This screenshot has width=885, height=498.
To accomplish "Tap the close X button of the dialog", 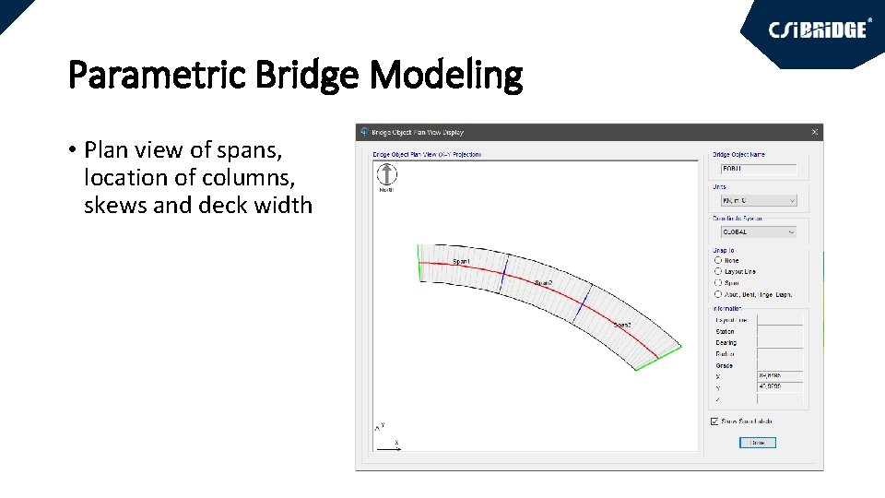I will (x=814, y=133).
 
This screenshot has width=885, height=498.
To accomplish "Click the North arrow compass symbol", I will (x=387, y=173).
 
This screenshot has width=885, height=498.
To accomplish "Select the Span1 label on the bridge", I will (x=461, y=262).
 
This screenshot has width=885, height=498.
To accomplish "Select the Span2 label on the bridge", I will (x=543, y=283).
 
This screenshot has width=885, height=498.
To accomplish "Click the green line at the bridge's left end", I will (x=419, y=262).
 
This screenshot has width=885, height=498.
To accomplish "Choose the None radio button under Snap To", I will (x=718, y=261).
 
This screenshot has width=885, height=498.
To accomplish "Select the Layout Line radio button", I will (x=718, y=272).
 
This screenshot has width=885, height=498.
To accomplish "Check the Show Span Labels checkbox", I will (x=715, y=421).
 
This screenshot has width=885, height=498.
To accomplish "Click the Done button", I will (x=757, y=443).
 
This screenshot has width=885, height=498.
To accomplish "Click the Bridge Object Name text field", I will (x=757, y=169).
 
